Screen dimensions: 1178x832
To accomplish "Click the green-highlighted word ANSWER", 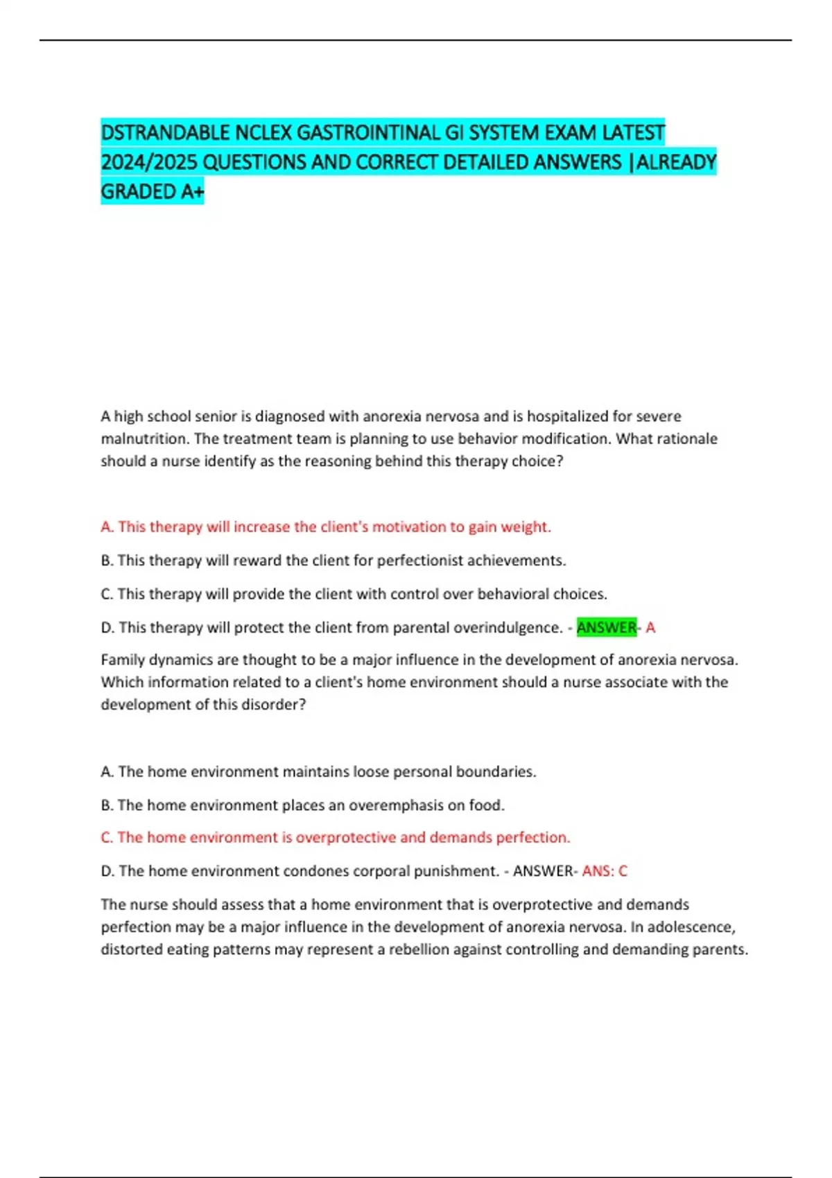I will [606, 628].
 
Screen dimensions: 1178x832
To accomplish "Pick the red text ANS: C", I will [605, 871].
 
